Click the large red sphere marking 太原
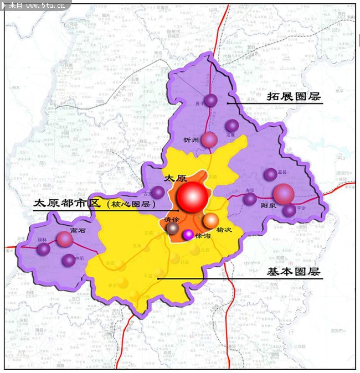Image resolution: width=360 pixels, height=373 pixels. click(x=192, y=196)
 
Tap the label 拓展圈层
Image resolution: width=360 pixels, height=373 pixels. click(x=294, y=96)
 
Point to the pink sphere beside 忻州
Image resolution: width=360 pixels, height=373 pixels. click(x=209, y=139)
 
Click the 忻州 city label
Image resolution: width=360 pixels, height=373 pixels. click(x=191, y=139)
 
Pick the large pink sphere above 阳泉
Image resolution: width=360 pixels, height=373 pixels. click(x=283, y=194)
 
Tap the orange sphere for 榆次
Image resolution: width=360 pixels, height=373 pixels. click(x=210, y=220)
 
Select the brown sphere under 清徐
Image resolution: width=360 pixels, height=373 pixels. click(x=173, y=228)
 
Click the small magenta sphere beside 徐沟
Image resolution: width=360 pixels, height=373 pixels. click(x=188, y=235)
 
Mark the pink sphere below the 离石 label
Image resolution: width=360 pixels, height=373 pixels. click(x=65, y=239)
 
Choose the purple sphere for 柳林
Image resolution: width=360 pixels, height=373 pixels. click(x=44, y=250)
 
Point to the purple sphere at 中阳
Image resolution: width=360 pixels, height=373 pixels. click(x=69, y=260)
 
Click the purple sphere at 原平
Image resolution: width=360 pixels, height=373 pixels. click(x=211, y=100)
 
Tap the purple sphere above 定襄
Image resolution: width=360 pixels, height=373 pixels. click(x=232, y=126)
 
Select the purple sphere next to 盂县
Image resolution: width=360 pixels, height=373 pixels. click(x=270, y=174)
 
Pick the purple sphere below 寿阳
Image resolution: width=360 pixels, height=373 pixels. click(x=250, y=199)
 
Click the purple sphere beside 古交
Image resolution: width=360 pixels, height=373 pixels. click(x=158, y=192)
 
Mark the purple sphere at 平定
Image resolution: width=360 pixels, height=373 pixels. click(x=290, y=210)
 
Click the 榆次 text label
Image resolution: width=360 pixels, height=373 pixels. click(x=224, y=229)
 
